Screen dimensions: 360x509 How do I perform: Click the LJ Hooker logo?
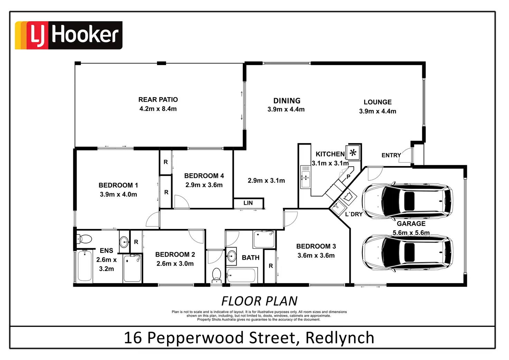pos(68,35)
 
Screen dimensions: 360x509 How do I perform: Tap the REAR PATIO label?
pos(158,100)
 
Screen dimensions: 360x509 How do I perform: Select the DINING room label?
pos(287,101)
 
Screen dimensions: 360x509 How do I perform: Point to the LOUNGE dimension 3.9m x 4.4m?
pos(378,111)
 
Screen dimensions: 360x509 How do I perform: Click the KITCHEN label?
pos(330,154)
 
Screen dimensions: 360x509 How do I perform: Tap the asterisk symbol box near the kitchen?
pos(353,153)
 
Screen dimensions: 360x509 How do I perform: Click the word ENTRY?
pos(391,155)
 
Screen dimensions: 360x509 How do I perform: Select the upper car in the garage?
pos(407,201)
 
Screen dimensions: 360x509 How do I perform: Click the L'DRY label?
pos(354,214)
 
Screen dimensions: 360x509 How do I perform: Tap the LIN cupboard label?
pos(248,203)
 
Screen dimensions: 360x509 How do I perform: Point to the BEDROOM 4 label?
pos(204,176)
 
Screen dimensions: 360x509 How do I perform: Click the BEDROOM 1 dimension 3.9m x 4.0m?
pos(118,194)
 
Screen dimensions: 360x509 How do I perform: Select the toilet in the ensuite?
pos(84,239)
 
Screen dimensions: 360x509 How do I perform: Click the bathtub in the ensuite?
pos(84,266)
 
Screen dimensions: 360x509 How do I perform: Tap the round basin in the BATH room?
pos(231,256)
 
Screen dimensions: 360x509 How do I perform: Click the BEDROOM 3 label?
pos(316,246)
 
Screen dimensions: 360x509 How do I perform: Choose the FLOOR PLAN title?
pos(259,301)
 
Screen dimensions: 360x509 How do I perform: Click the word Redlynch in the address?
pos(340,338)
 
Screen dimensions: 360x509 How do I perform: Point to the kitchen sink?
pos(306,177)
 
